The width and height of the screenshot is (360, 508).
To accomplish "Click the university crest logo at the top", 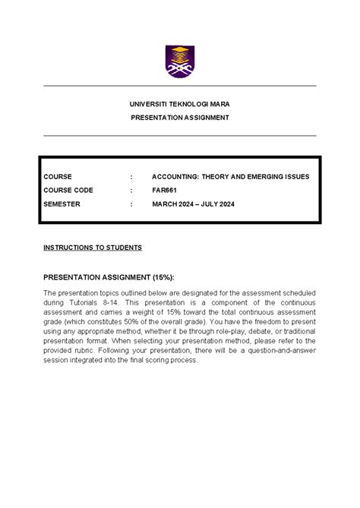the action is tap(180, 61).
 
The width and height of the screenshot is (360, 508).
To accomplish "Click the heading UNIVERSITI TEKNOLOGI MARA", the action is tap(180, 104).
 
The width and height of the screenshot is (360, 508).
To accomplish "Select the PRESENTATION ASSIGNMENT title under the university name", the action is tap(180, 118).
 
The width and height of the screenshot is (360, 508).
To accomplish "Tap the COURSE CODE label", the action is tap(68, 191).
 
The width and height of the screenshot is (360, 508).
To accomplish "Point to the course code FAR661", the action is tap(165, 191).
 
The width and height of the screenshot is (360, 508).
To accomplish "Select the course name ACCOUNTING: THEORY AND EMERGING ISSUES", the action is tap(231, 177).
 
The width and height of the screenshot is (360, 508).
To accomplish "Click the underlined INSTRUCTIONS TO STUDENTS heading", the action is tap(93, 248).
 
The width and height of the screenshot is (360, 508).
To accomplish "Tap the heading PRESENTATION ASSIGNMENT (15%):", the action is tap(114, 278).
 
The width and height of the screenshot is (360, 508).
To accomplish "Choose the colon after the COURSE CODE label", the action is tap(131, 191).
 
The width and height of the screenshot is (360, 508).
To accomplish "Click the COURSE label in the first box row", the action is tap(58, 177).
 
